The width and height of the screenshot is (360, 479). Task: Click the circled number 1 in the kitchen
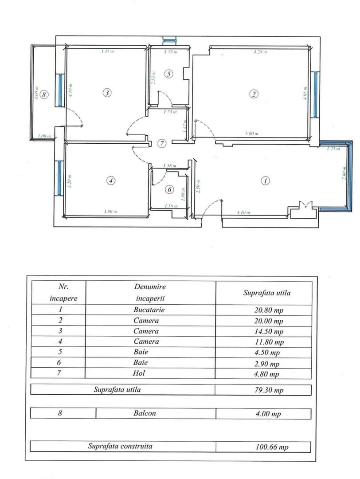pyautogui.click(x=265, y=181)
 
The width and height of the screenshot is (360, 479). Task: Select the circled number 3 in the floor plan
pyautogui.click(x=107, y=92)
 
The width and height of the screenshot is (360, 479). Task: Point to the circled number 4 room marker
pyautogui.click(x=111, y=181)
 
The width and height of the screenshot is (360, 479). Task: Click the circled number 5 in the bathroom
pyautogui.click(x=168, y=74)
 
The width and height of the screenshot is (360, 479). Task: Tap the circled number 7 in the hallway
pyautogui.click(x=162, y=143)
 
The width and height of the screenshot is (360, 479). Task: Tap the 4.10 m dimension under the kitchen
pyautogui.click(x=243, y=213)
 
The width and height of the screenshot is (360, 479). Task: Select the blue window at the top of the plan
pyautogui.click(x=170, y=41)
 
